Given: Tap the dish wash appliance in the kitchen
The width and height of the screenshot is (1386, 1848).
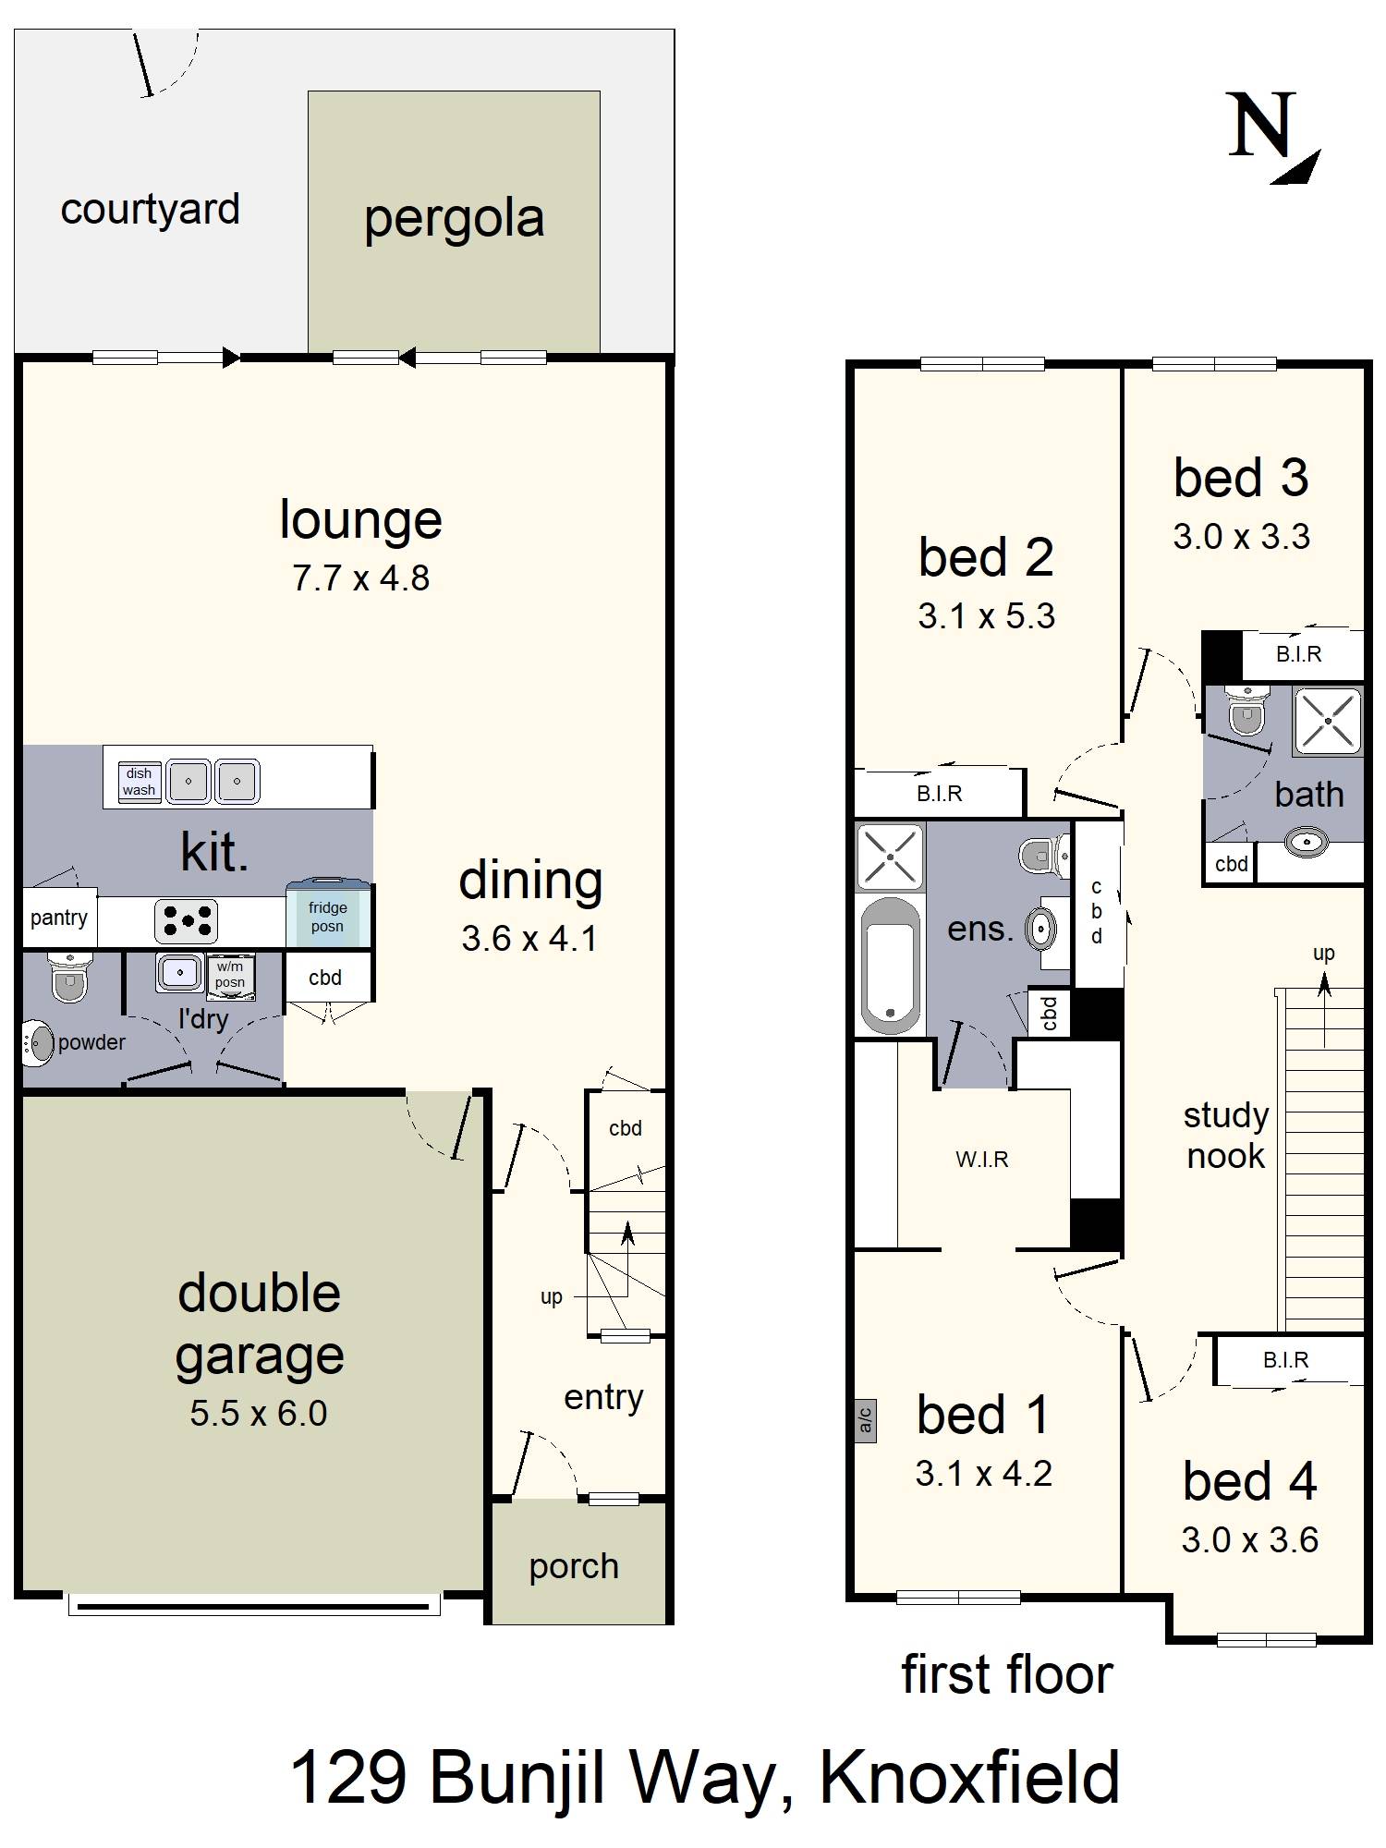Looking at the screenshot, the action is (139, 782).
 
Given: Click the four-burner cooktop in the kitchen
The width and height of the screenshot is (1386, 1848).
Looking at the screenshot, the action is (186, 920).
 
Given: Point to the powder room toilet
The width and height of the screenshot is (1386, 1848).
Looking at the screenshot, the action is (67, 976).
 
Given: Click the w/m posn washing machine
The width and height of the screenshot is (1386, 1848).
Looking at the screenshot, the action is (230, 974).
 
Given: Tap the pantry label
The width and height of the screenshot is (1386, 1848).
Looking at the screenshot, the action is (59, 918).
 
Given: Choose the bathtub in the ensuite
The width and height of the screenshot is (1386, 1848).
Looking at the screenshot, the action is (889, 967).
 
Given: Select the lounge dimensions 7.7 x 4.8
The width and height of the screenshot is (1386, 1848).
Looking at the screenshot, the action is (361, 578).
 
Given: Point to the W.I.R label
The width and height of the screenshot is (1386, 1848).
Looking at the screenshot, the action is (982, 1159).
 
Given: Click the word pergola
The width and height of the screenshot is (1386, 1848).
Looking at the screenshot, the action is (454, 220).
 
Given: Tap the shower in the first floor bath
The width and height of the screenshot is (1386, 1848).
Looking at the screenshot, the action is (1328, 721).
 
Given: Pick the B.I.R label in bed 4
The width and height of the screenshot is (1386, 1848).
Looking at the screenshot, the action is (1286, 1360).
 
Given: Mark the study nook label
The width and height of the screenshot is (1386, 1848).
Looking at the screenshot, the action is (1226, 1136).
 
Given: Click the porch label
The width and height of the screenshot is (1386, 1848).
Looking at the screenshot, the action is (574, 1567).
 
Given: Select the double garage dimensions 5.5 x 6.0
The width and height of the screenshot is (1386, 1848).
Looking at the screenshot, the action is (259, 1414).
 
